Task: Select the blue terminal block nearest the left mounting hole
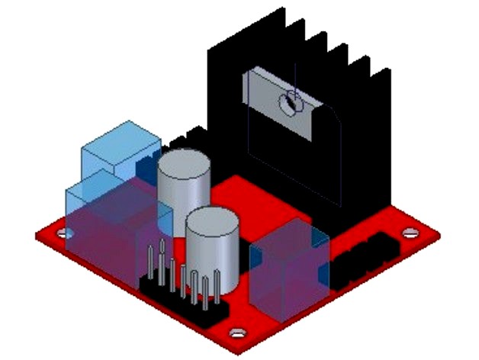tap(103, 221)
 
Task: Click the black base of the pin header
tap(183, 301)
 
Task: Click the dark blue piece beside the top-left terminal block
tap(145, 166)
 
